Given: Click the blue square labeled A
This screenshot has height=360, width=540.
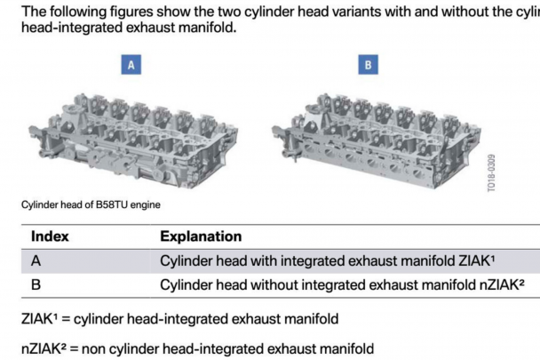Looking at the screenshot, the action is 131,65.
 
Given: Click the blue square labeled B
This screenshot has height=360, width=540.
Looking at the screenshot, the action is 369,65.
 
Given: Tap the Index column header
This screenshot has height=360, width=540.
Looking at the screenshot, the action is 50,236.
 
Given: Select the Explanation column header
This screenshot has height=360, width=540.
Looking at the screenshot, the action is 201,236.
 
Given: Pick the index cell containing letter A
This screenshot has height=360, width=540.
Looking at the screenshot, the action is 36,260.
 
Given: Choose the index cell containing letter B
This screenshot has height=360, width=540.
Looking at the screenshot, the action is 36,284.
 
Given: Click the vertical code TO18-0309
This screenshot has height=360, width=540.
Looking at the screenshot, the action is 491,172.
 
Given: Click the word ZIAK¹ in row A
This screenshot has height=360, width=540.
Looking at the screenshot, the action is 477,260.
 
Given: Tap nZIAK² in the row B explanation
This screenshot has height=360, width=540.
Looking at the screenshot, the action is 502,284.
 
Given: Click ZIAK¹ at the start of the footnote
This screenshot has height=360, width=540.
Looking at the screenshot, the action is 40,318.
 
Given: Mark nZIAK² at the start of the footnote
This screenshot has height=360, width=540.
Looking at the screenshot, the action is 44,348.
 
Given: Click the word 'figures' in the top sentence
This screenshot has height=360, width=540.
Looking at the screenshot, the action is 131,12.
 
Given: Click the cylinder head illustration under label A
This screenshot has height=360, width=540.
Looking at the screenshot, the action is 132,140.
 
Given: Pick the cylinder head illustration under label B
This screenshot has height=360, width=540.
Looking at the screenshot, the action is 377,140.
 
